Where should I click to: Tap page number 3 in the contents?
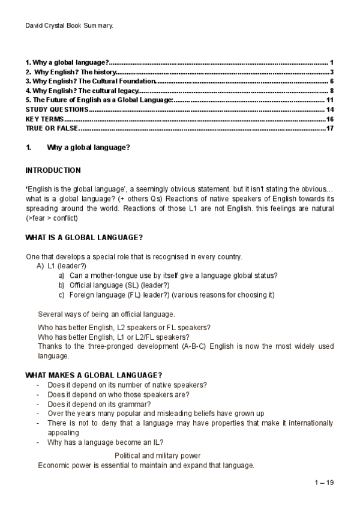click(331, 72)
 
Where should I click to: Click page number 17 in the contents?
click(329, 128)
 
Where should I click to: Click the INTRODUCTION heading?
click(53, 170)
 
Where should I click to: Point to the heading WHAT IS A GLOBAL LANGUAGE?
click(83, 238)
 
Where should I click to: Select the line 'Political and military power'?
click(157, 456)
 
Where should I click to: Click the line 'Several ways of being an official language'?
click(107, 314)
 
